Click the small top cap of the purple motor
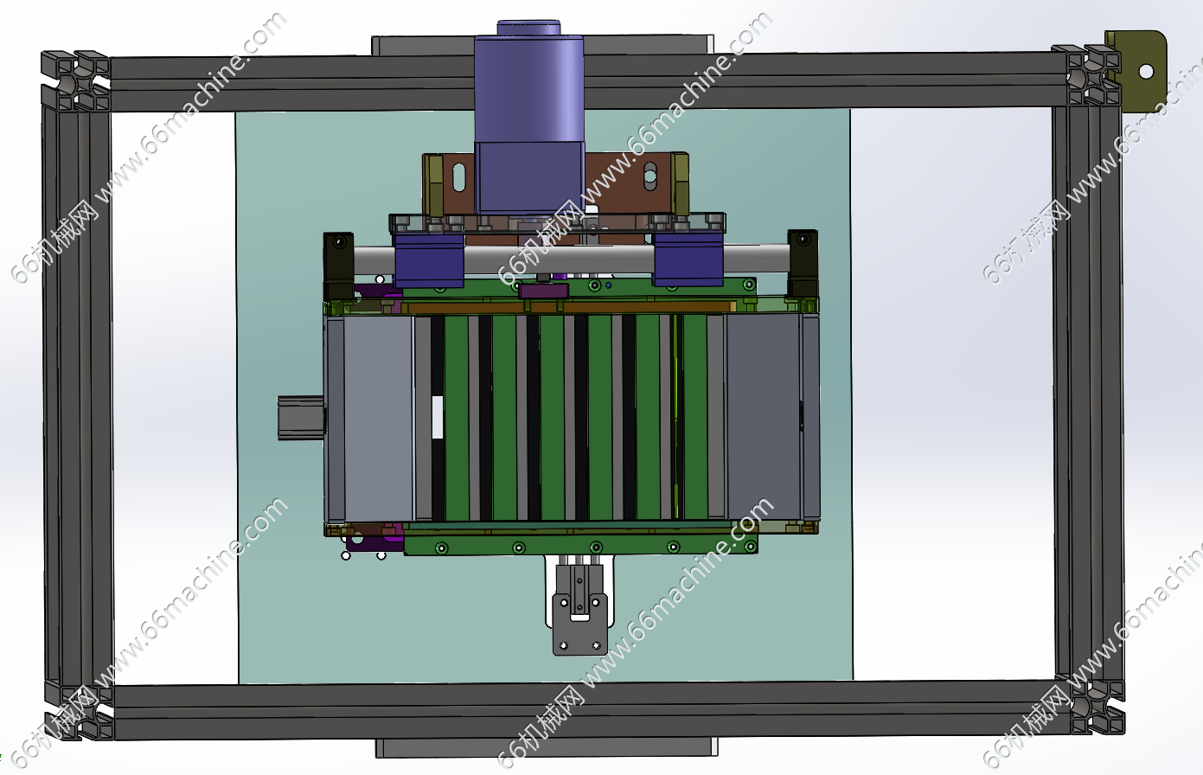[528, 28]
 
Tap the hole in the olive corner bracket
[1146, 72]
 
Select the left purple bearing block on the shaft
[429, 260]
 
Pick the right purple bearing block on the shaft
[688, 259]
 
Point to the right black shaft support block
[803, 263]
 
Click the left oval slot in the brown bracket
[459, 177]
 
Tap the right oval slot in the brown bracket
[649, 176]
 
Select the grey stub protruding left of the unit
[301, 418]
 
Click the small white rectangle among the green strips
[438, 417]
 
